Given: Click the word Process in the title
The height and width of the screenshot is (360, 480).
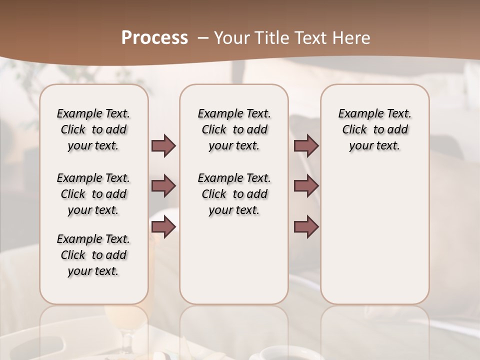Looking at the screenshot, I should [x=154, y=38].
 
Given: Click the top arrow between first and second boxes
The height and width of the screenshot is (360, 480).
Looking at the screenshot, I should [x=163, y=146].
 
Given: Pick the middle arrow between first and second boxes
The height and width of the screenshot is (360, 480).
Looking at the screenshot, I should [x=163, y=186].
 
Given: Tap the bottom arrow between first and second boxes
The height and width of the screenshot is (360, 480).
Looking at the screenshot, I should [x=163, y=227].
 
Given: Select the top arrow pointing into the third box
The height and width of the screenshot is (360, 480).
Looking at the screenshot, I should [x=306, y=146].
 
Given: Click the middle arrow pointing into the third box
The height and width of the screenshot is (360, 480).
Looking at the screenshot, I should [x=306, y=186].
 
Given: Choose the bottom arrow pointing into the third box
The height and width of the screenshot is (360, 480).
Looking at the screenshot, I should [x=306, y=227].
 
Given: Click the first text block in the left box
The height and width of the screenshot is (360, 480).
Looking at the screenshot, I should [x=93, y=129].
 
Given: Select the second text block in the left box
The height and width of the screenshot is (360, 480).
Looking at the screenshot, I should [x=93, y=194].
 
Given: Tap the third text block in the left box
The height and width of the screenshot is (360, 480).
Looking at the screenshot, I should [x=93, y=255].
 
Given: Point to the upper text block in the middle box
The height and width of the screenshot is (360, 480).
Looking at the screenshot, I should [x=234, y=129].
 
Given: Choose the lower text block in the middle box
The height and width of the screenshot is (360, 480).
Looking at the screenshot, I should [x=234, y=194].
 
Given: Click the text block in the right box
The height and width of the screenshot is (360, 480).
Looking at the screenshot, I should [x=374, y=129].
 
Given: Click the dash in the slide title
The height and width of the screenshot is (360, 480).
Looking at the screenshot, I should [x=203, y=38].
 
